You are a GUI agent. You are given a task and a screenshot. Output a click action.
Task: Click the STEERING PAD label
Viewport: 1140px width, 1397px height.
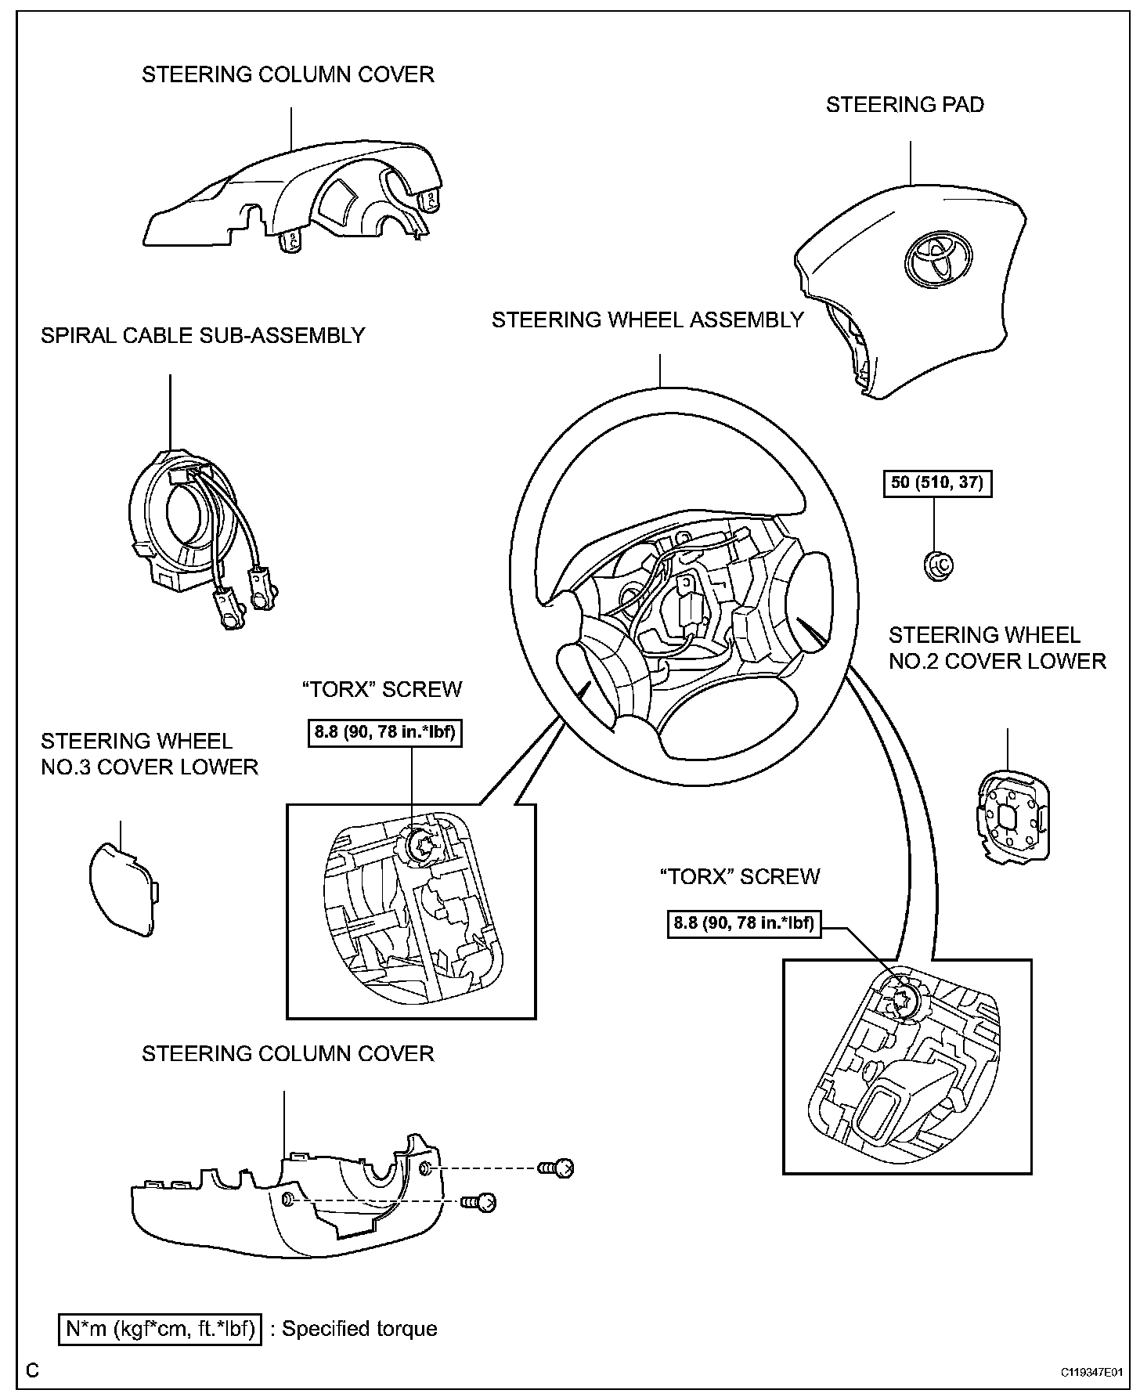coord(905,105)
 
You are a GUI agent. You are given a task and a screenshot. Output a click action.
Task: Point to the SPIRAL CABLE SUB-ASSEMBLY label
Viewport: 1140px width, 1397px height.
coord(203,336)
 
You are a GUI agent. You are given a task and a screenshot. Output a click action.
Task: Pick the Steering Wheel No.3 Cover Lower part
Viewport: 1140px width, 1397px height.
coord(123,886)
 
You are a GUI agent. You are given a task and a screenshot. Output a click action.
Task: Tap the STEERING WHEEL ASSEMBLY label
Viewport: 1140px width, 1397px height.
coord(648,320)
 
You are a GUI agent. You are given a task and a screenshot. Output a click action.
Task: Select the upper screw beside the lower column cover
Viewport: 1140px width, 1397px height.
coord(557,1168)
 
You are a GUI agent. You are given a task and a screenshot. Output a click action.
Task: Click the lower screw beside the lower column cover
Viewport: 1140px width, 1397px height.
coord(478,1201)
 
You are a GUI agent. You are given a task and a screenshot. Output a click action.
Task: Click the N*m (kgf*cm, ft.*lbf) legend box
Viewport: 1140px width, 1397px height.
coord(161,1329)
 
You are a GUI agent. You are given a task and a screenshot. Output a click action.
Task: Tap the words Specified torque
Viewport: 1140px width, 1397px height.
coord(359,1329)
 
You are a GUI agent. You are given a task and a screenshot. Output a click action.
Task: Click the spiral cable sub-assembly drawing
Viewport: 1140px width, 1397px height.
coord(196,532)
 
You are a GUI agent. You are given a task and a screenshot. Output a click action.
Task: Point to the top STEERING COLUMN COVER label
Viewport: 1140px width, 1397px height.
coord(287,75)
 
